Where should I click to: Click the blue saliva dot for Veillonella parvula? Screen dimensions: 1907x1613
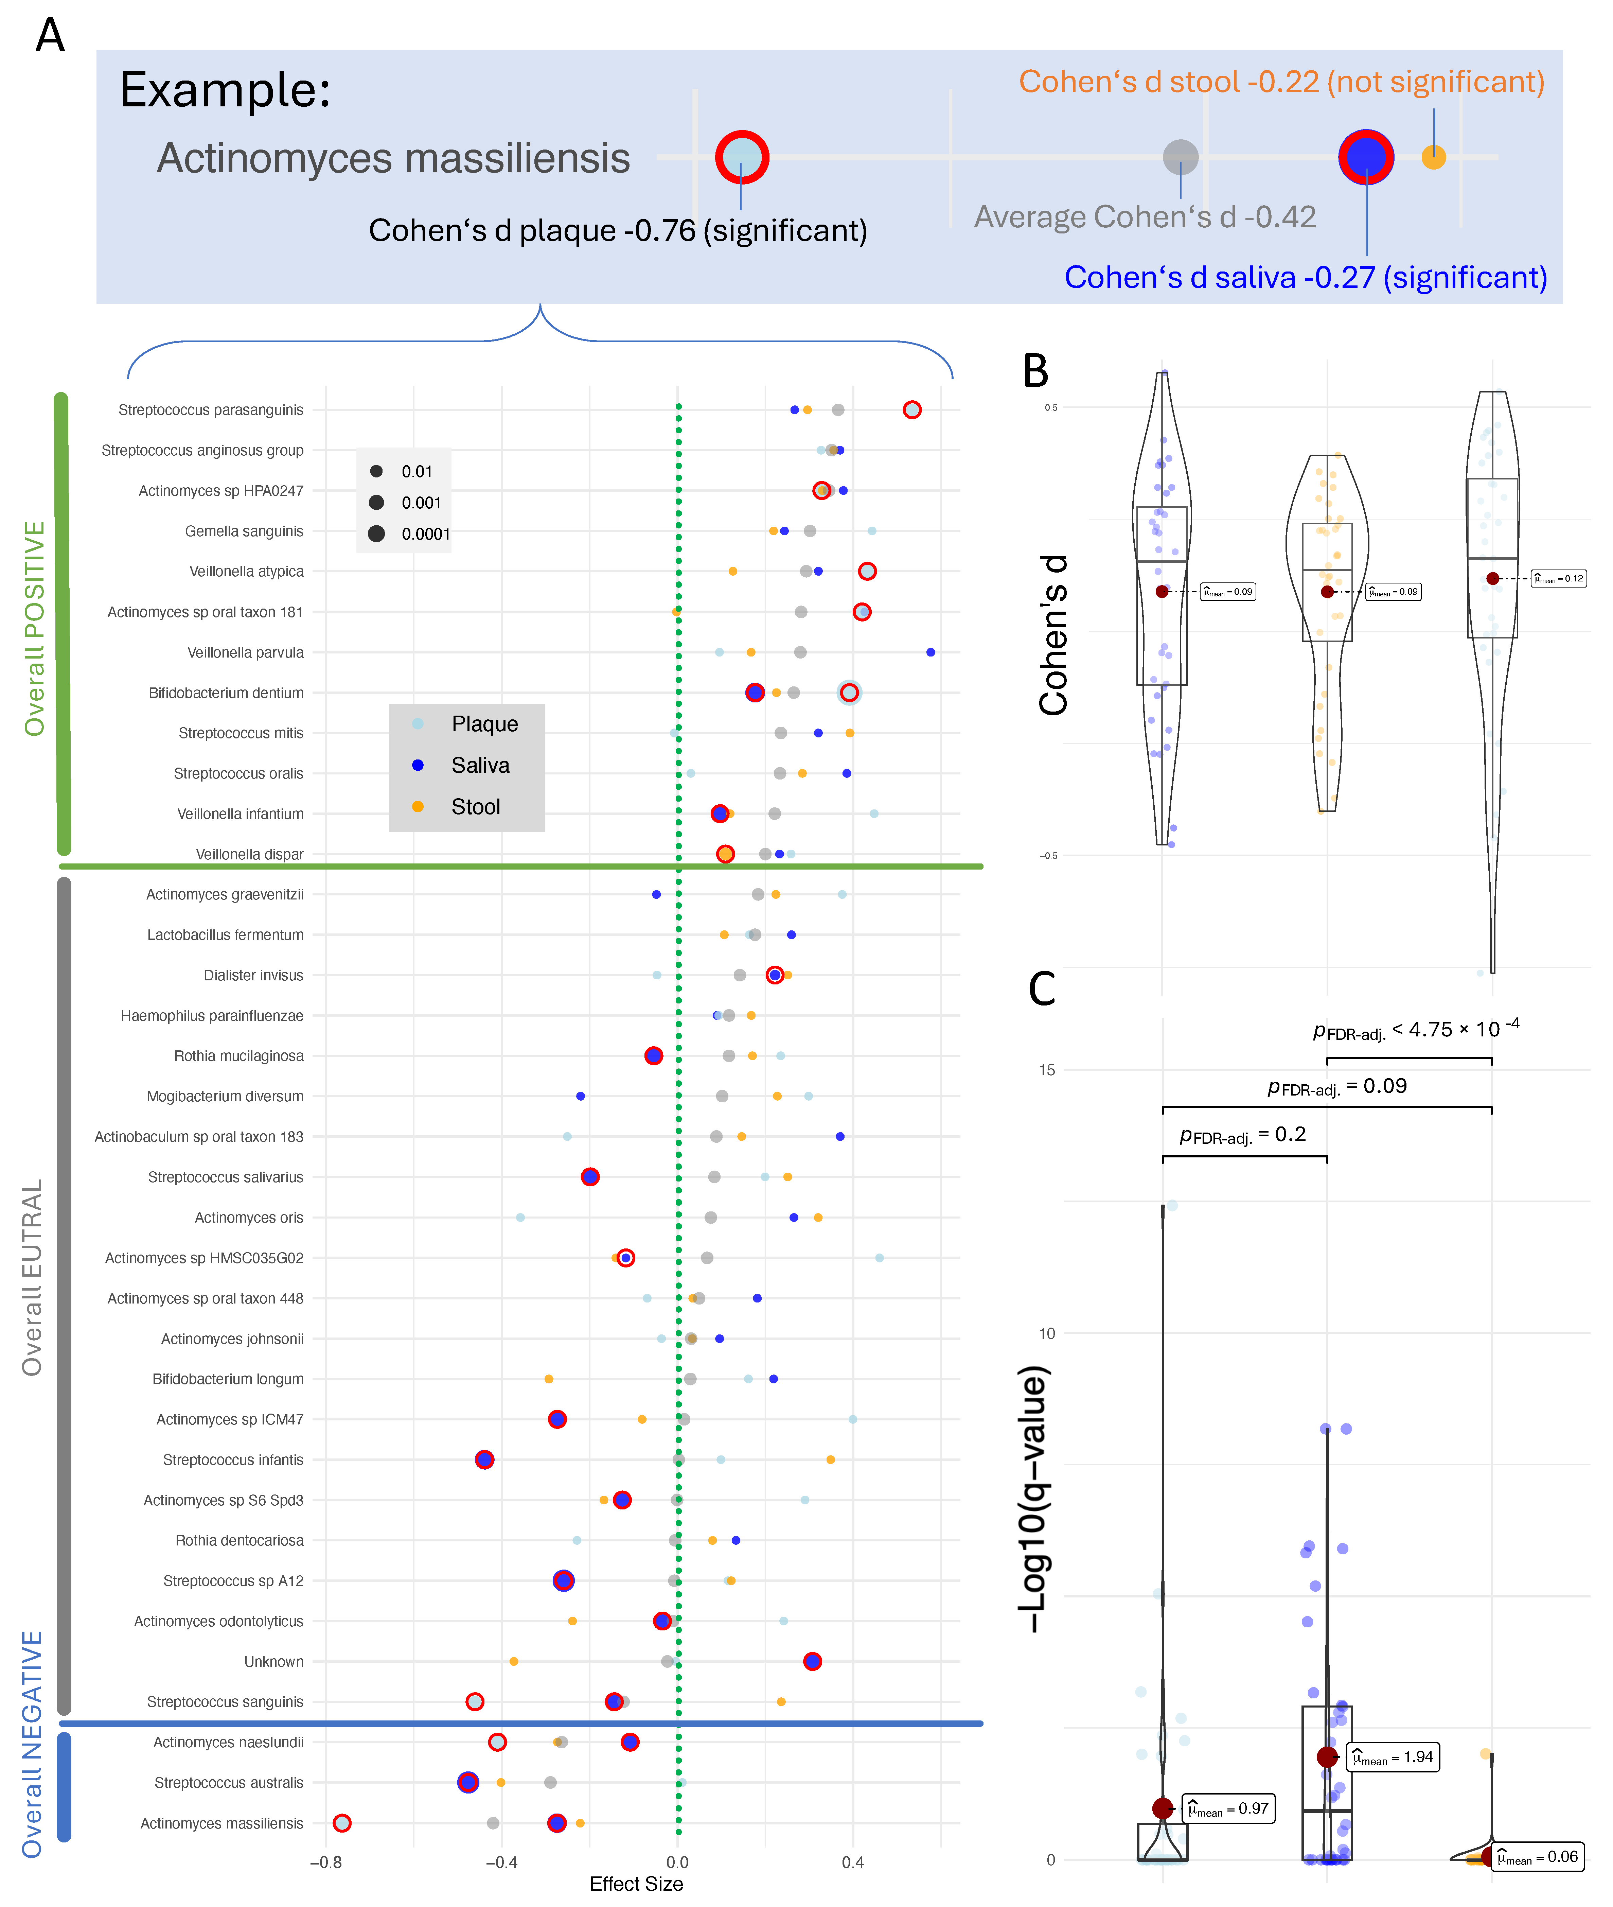pos(930,652)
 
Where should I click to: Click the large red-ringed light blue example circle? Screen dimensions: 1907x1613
pos(742,157)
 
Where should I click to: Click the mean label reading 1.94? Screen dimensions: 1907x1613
pos(1393,1757)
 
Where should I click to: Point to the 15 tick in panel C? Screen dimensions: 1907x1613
pos(1046,1070)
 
